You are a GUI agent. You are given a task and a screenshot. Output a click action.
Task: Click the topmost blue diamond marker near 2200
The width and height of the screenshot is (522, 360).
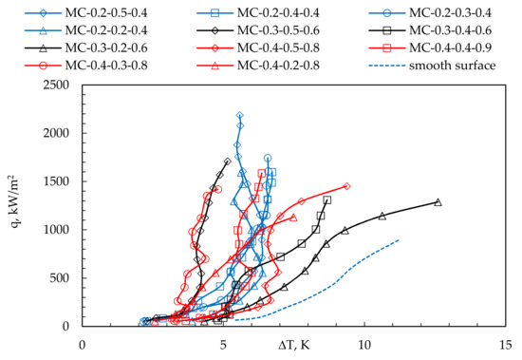coord(240,115)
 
